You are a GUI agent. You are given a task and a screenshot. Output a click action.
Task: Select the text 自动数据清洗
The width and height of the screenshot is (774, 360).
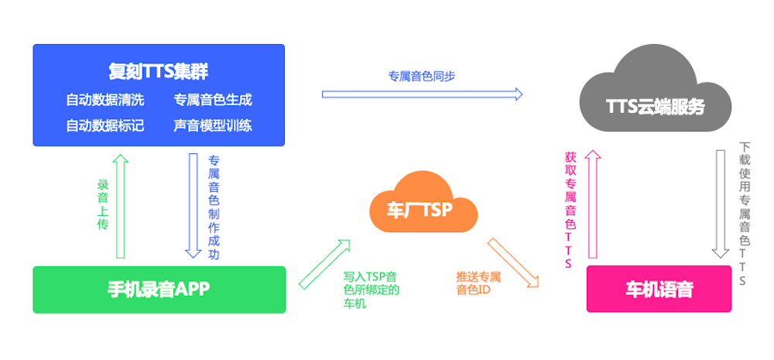[104, 100]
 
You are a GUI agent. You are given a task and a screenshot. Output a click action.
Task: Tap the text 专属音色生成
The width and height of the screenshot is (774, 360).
[212, 100]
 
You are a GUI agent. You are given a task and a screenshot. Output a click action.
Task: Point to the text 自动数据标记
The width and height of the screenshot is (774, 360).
[104, 125]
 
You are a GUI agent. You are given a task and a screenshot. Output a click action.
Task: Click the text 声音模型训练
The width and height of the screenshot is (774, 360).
[212, 125]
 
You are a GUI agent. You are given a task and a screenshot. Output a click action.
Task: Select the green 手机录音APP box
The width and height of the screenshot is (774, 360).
[159, 290]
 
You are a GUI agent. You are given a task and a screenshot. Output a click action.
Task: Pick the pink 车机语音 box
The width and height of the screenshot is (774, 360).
[659, 290]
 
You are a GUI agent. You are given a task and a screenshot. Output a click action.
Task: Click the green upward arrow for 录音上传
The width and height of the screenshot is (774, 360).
[120, 206]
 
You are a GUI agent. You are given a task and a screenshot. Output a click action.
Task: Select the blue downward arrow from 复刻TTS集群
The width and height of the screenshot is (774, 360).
[193, 205]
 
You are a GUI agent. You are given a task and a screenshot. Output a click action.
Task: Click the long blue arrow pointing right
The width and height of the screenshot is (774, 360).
[422, 94]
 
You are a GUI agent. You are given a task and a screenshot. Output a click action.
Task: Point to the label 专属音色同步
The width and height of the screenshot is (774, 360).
[422, 77]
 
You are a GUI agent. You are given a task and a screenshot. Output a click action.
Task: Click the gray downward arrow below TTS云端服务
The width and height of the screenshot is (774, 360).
[721, 203]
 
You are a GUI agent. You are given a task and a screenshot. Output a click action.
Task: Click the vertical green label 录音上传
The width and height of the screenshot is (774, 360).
[102, 205]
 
